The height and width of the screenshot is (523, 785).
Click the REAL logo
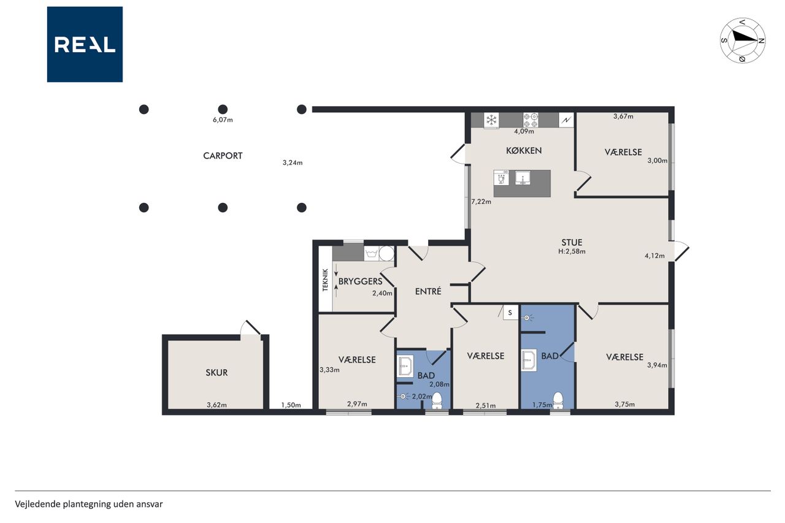pyautogui.click(x=85, y=45)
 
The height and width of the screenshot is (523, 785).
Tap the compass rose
pyautogui.click(x=743, y=40)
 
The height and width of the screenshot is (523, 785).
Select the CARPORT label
pyautogui.click(x=223, y=156)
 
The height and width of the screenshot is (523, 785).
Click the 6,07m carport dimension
pyautogui.click(x=223, y=120)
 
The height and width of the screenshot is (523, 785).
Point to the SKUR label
pyautogui.click(x=216, y=372)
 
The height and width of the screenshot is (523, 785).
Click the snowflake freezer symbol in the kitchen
pyautogui.click(x=491, y=120)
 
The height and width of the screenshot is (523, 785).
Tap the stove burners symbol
pyautogui.click(x=530, y=120)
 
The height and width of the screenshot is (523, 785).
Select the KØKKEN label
pyautogui.click(x=524, y=151)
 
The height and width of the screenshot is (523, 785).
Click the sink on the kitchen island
pyautogui.click(x=523, y=178)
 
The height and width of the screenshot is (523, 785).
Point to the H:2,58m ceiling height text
pyautogui.click(x=572, y=251)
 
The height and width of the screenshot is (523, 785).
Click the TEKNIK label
pyautogui.click(x=325, y=280)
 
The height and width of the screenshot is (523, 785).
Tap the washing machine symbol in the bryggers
pyautogui.click(x=371, y=254)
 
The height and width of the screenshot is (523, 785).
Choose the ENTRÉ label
pyautogui.click(x=428, y=291)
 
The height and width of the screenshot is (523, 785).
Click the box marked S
pyautogui.click(x=510, y=313)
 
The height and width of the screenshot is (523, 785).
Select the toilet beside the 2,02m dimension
pyautogui.click(x=437, y=400)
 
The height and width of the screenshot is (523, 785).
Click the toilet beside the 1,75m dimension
pyautogui.click(x=558, y=400)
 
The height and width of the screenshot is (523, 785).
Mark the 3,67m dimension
pyautogui.click(x=623, y=116)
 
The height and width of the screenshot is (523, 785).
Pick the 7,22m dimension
pyautogui.click(x=481, y=202)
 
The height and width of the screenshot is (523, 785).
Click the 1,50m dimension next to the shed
pyautogui.click(x=291, y=405)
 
